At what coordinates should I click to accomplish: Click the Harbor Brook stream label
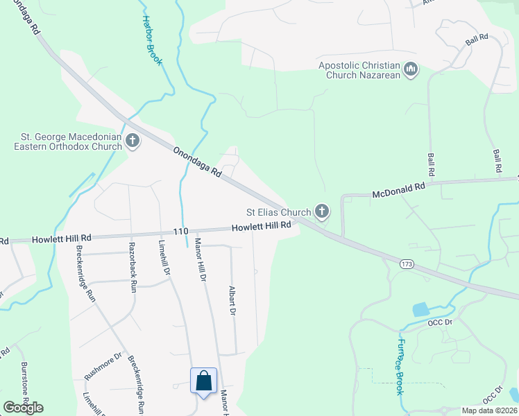point(152,41)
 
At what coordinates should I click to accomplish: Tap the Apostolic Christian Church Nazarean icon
point(411,70)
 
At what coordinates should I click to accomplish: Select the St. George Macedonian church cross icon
point(132,141)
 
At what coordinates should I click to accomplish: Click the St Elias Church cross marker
point(321,210)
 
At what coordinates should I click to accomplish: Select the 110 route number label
point(180,231)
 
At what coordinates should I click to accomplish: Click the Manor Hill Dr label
point(201,259)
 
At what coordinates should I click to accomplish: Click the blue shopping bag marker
point(204,381)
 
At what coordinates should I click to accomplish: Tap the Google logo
point(23,407)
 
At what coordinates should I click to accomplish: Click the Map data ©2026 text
point(489,410)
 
